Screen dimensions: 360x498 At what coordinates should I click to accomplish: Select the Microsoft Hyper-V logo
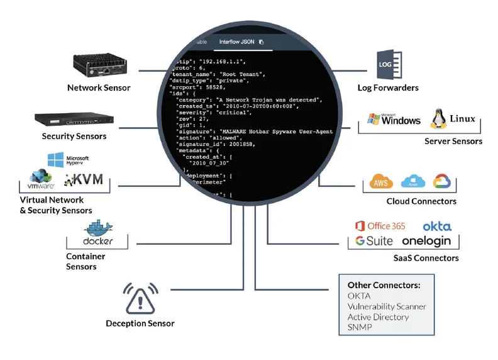(x=69, y=161)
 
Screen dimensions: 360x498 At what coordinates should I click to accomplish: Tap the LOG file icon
(x=385, y=65)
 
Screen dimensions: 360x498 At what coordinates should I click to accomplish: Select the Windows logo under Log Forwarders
(x=394, y=119)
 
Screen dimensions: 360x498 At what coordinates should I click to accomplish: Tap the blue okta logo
(x=436, y=226)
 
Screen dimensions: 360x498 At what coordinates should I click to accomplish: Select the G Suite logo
(x=373, y=241)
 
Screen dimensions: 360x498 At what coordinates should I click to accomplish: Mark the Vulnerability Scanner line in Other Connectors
(x=387, y=307)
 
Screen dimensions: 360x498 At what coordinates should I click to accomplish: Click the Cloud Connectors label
(x=421, y=201)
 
